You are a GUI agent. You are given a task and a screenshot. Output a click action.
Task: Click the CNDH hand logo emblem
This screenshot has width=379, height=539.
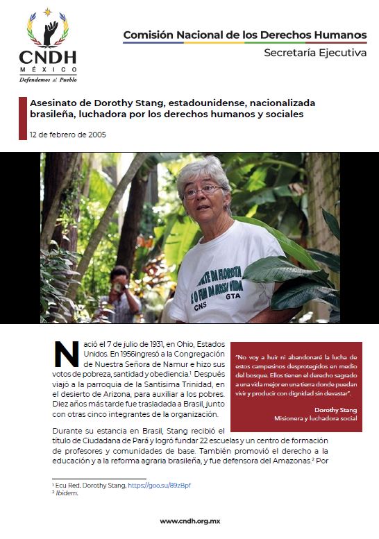48,30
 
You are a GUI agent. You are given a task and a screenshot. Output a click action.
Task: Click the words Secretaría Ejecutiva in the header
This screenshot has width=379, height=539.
314,53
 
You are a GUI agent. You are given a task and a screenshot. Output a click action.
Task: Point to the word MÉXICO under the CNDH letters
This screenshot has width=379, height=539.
48,69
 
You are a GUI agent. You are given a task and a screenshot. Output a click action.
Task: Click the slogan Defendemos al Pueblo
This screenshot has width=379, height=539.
48,79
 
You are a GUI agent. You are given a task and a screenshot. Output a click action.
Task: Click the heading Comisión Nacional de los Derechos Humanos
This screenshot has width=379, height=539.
245,35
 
